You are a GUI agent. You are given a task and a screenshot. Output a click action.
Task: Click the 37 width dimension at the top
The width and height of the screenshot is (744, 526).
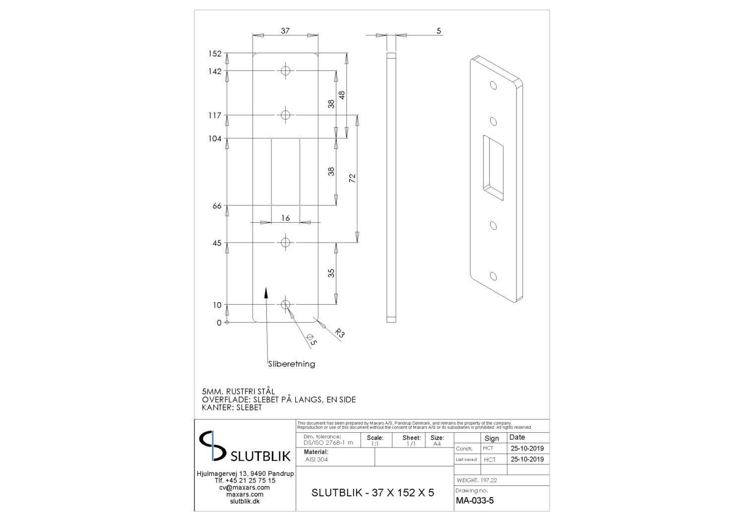285,31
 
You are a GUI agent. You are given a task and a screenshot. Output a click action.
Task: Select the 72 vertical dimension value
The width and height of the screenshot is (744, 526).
352,178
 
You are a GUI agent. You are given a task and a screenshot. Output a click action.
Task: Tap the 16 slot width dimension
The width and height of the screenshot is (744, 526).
285,218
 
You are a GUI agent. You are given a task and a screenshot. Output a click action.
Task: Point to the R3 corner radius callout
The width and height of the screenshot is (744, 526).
339,333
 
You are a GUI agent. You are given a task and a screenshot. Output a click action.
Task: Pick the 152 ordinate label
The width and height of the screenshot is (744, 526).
215,54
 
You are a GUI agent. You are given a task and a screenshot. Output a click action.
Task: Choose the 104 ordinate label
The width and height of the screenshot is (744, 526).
215,138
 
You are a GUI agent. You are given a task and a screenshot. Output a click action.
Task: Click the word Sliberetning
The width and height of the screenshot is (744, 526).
292,364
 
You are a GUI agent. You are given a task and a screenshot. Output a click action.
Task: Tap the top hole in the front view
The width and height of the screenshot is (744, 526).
285,71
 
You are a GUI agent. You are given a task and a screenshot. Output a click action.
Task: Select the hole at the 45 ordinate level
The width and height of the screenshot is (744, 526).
285,243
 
